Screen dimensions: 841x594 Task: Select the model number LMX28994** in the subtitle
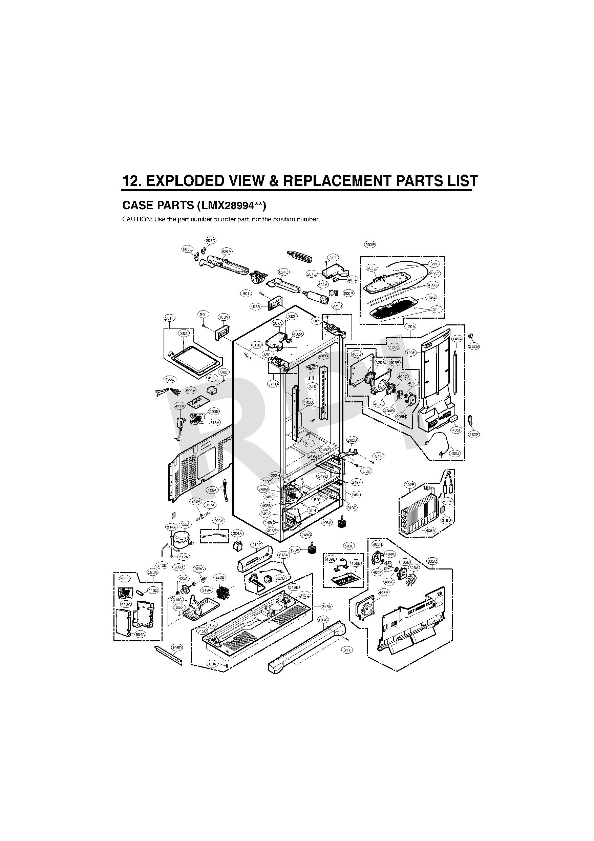[x=231, y=205]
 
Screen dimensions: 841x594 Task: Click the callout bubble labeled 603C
[x=210, y=241]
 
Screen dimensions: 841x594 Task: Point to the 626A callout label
[x=227, y=251]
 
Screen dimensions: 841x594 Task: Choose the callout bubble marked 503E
[x=370, y=244]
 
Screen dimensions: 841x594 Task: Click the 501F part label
[x=169, y=318]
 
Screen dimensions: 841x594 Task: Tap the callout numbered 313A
[x=215, y=423]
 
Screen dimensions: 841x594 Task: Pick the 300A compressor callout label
[x=185, y=525]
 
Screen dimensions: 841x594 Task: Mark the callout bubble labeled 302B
[x=410, y=485]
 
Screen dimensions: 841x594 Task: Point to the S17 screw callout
[x=347, y=650]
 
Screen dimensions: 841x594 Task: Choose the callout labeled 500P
[x=348, y=294]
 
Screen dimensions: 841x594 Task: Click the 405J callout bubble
[x=454, y=454]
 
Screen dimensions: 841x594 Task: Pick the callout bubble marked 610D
[x=257, y=345]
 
